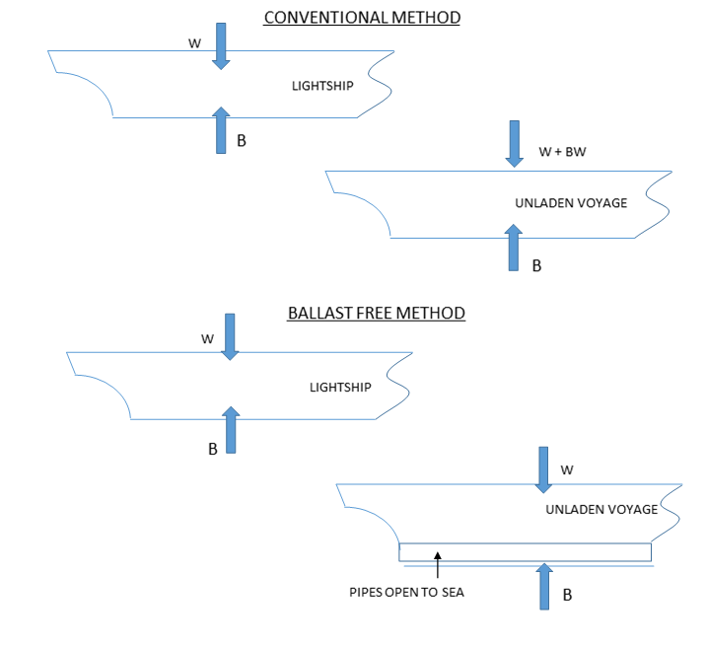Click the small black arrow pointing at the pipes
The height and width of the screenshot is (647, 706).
(x=437, y=564)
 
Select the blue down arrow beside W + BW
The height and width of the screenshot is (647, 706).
(x=515, y=144)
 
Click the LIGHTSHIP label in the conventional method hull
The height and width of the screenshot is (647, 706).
(x=322, y=86)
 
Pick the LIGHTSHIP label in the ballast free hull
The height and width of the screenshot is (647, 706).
(x=340, y=388)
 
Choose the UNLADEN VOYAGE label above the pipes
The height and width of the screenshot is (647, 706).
(x=601, y=510)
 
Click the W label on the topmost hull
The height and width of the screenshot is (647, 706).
(x=194, y=43)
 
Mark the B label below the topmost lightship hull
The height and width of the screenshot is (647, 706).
(x=242, y=141)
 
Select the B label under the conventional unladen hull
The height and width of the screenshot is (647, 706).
(x=536, y=265)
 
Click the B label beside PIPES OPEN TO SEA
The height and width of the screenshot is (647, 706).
(x=567, y=596)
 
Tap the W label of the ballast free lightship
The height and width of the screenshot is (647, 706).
(x=208, y=338)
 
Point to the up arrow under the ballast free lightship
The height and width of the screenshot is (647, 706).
(x=231, y=429)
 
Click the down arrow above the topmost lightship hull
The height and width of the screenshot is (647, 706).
(x=221, y=45)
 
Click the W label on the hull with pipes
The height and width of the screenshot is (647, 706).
(x=566, y=470)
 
